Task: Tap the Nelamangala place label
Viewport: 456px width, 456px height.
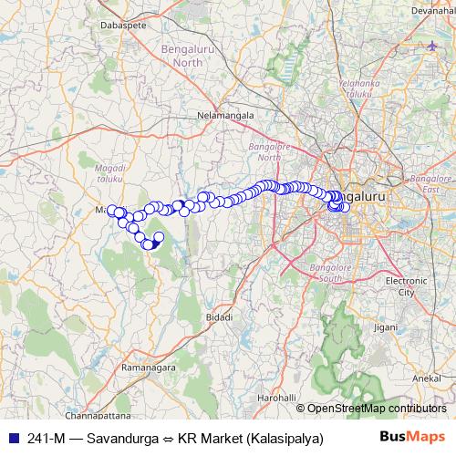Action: click(x=223, y=116)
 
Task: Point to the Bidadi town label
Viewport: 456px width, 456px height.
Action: click(x=219, y=316)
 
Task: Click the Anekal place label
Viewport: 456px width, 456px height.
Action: click(x=428, y=377)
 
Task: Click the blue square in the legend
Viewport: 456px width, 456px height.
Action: click(x=11, y=438)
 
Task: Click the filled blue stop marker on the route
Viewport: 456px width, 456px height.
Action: click(x=153, y=243)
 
